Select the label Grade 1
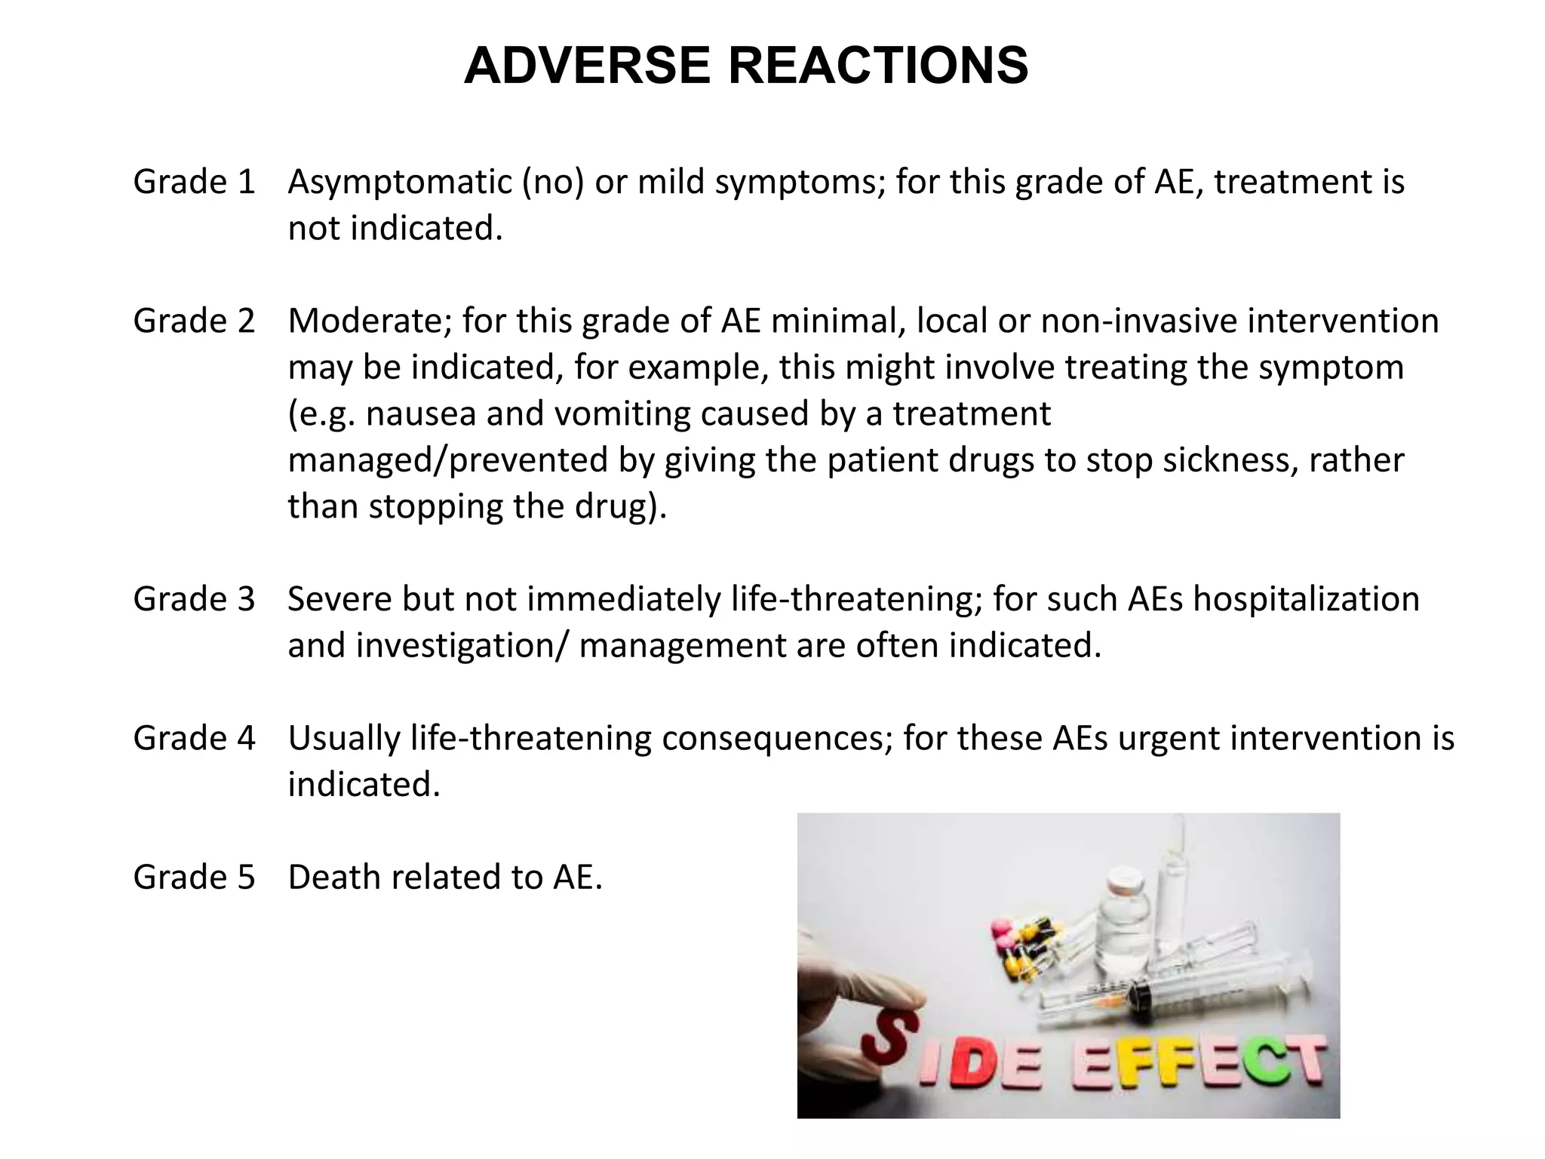(x=195, y=183)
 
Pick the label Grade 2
(x=195, y=321)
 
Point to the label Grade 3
(x=195, y=599)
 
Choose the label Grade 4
(x=195, y=738)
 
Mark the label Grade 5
(x=195, y=877)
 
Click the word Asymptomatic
(x=400, y=183)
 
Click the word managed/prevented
(x=448, y=460)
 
